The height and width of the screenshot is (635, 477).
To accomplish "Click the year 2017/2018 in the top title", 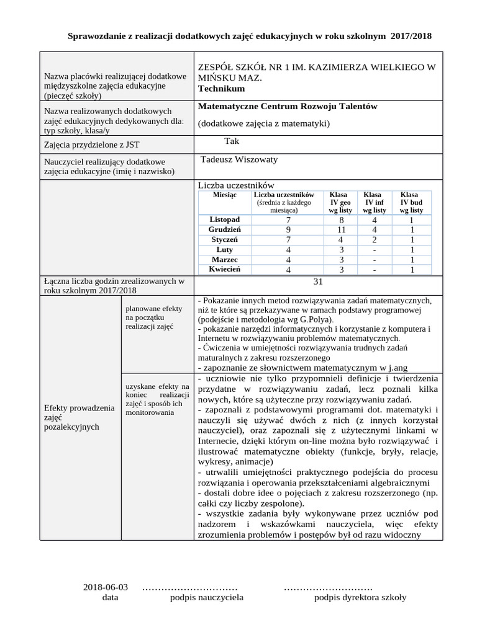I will tap(411, 37).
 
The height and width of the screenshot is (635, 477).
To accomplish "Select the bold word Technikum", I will tap(221, 89).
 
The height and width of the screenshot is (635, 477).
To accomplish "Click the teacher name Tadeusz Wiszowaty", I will tap(239, 159).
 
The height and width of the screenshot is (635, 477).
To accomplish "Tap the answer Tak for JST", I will tap(232, 141).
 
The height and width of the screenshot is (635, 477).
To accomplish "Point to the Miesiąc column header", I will tap(225, 195).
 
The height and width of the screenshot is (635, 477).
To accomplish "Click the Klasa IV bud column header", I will tap(411, 202).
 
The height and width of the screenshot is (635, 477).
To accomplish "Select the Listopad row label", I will tap(225, 220).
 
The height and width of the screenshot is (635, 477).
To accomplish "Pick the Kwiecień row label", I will tap(225, 269).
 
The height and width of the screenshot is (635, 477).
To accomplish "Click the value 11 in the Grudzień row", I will tap(341, 229).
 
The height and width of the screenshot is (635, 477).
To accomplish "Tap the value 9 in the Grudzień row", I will tap(288, 229).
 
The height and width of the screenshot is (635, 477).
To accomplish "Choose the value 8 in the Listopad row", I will tap(341, 220).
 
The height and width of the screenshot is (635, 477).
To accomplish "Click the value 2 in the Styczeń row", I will tap(375, 239).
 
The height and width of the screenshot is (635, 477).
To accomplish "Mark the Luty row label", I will tap(225, 249).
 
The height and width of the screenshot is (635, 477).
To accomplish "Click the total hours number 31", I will tap(319, 282).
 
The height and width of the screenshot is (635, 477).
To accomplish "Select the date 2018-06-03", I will tap(105, 587).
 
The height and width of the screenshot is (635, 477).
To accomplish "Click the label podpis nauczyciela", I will tap(207, 597).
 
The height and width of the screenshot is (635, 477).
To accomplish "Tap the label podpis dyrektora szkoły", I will tap(360, 597).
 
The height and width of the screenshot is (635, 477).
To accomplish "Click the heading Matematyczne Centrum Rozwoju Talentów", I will tap(288, 107).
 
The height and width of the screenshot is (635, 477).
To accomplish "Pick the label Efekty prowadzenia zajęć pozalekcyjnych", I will tap(79, 417).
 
